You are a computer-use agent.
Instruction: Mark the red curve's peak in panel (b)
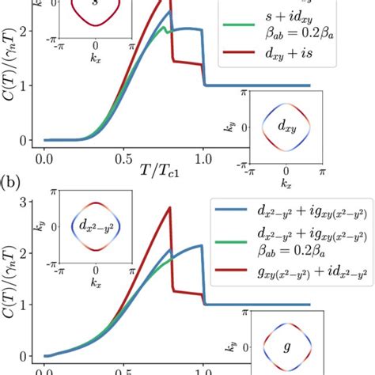[170, 207]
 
